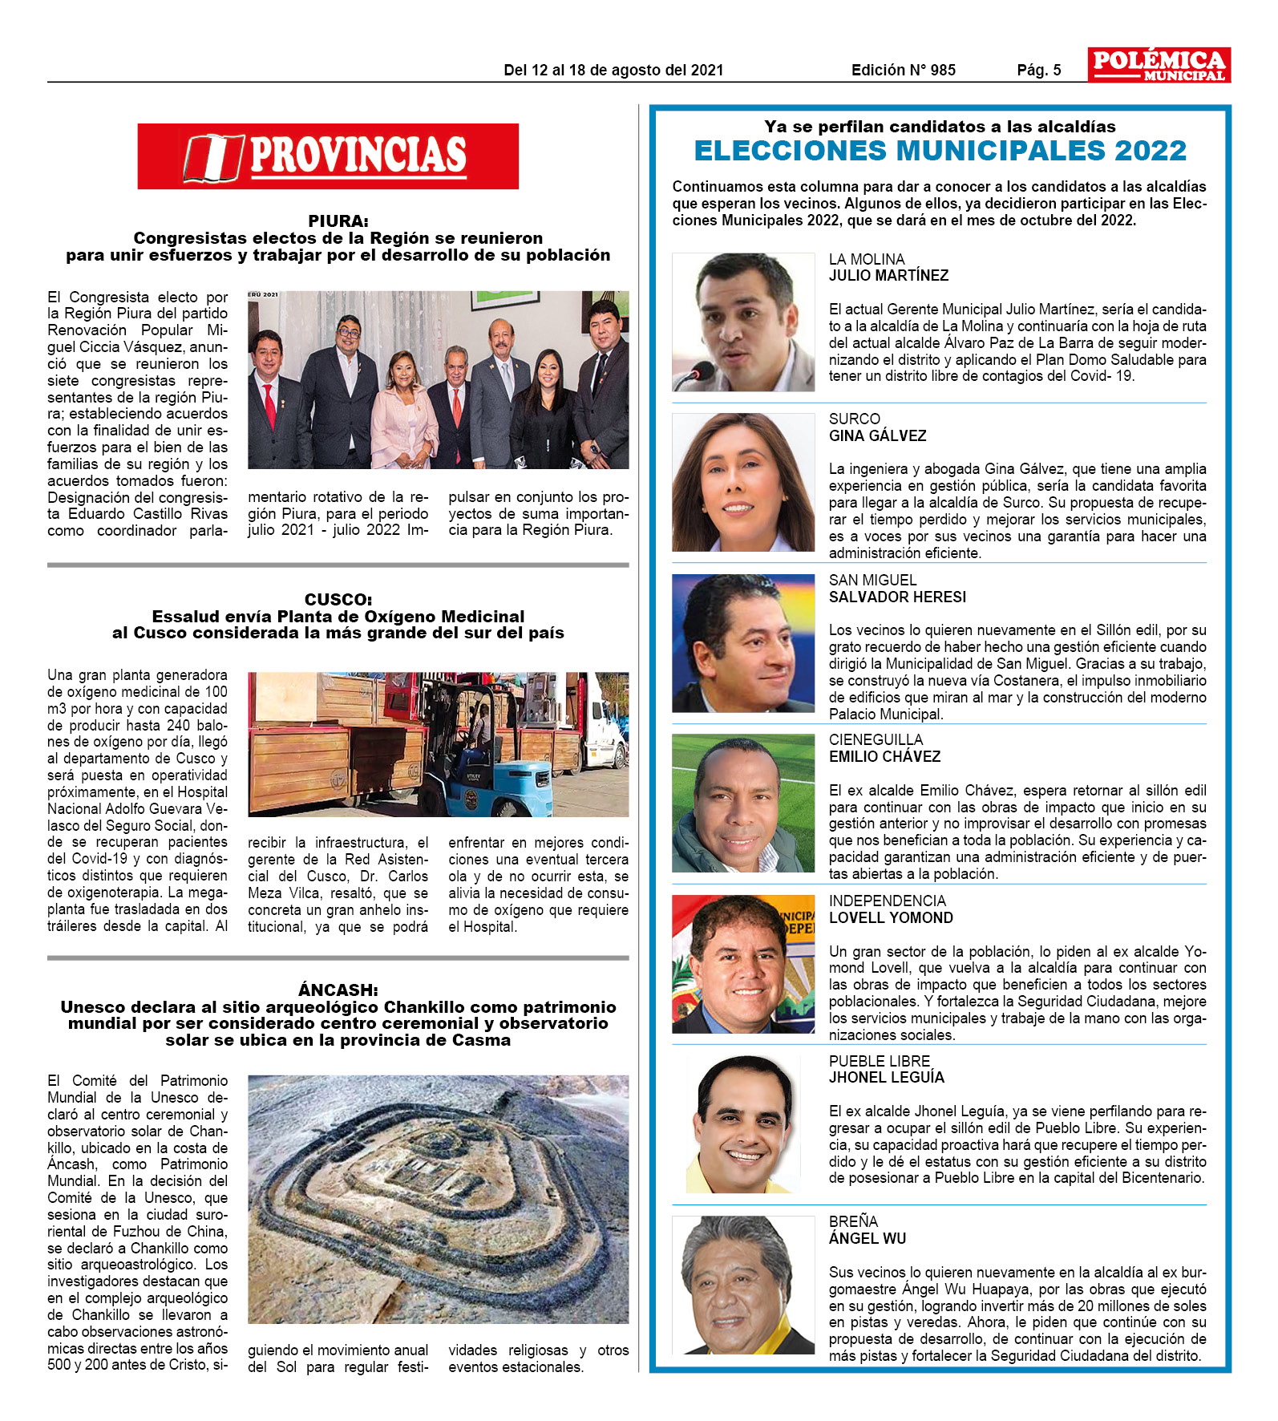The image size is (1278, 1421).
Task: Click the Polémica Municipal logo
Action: (x=1159, y=64)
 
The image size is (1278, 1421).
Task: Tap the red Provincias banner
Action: (x=328, y=156)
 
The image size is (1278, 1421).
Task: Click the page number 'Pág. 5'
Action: (x=1038, y=70)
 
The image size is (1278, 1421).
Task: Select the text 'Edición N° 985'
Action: (x=903, y=70)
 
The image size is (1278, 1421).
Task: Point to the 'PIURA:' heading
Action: (x=338, y=221)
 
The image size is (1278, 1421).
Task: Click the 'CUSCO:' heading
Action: (x=338, y=599)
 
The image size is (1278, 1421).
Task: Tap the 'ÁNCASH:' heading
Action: (x=338, y=990)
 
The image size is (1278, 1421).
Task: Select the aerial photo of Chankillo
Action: (x=438, y=1199)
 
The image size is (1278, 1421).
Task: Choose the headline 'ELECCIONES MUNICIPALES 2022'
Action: (x=940, y=151)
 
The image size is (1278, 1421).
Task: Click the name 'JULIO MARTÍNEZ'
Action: (x=888, y=276)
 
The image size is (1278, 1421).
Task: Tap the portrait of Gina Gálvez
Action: (x=742, y=482)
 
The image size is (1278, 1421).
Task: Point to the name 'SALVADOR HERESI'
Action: (x=897, y=597)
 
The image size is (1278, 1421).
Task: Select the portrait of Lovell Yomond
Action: (x=742, y=964)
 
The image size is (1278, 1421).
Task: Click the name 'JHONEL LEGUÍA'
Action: (x=886, y=1078)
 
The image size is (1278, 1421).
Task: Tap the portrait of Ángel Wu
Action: (x=742, y=1285)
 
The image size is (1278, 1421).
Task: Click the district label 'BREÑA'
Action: (x=853, y=1221)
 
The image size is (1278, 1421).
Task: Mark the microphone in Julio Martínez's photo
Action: (x=696, y=374)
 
